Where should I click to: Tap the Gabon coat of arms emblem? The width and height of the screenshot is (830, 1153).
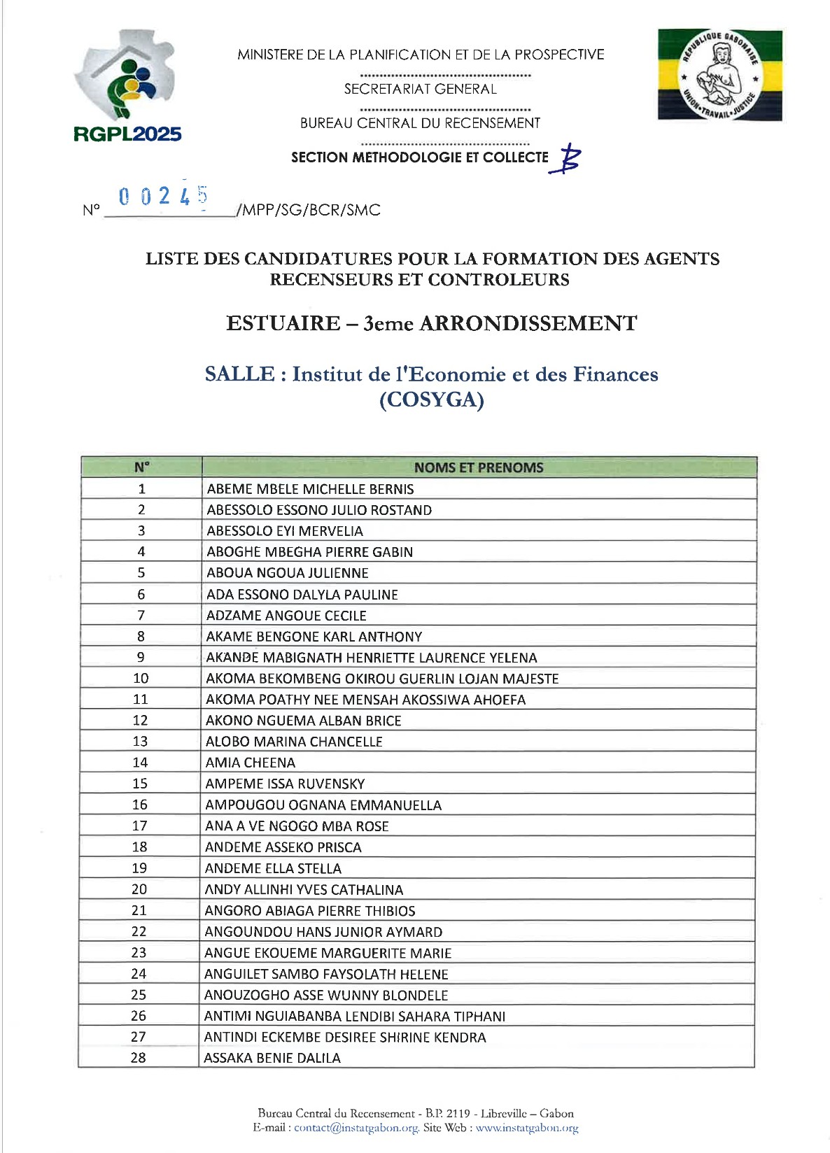(720, 75)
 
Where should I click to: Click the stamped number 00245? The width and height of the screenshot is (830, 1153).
(163, 196)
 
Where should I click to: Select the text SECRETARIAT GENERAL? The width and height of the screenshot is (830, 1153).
(420, 89)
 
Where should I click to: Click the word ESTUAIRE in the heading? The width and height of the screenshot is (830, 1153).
(283, 323)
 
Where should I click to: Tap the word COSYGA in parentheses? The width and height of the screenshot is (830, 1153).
(431, 400)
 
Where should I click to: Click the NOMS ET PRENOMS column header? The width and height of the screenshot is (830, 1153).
(479, 467)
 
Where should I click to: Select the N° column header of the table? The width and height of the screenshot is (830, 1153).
(141, 467)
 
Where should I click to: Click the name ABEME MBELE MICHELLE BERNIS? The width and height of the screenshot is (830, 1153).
(310, 489)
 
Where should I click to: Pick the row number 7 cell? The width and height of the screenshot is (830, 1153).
(141, 616)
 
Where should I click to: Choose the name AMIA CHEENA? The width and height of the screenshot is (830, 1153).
(251, 763)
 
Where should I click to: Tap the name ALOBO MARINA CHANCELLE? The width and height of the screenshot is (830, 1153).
(294, 742)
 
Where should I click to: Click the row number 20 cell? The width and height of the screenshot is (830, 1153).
(139, 889)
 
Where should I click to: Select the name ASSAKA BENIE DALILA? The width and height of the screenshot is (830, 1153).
(272, 1058)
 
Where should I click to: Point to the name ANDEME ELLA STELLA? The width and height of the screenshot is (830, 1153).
(273, 868)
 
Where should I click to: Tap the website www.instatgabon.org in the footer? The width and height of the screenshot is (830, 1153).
(527, 1128)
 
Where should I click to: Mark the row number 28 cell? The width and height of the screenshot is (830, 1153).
(139, 1058)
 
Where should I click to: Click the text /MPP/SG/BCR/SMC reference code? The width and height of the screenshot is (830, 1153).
(309, 210)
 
